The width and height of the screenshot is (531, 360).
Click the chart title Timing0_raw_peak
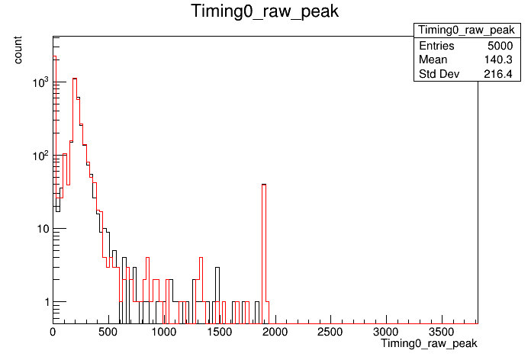click(265, 11)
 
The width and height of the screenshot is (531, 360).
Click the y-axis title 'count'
click(18, 50)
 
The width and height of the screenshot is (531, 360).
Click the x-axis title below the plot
click(429, 343)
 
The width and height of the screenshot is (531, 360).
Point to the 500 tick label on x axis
click(108, 332)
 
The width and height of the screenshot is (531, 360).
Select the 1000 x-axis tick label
click(163, 332)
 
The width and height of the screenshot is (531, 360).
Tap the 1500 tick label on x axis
click(219, 332)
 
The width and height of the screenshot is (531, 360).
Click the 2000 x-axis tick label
click(275, 332)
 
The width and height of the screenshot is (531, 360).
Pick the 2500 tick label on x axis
click(330, 332)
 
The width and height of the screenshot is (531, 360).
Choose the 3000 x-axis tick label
click(386, 332)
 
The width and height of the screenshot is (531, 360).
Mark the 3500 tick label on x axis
click(441, 332)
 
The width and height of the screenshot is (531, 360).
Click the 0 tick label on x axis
click(53, 332)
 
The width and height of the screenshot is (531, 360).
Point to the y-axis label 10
click(42, 229)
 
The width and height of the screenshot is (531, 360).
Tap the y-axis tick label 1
click(47, 302)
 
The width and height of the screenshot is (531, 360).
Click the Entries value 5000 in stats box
click(500, 46)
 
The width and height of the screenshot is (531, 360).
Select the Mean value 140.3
click(498, 59)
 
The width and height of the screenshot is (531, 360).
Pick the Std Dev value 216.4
click(498, 74)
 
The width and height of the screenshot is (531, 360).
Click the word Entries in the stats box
click(436, 46)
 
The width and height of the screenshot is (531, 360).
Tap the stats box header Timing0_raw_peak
click(467, 31)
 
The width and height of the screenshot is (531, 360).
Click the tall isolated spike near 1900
click(264, 243)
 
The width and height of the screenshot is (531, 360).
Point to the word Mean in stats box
click(433, 59)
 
